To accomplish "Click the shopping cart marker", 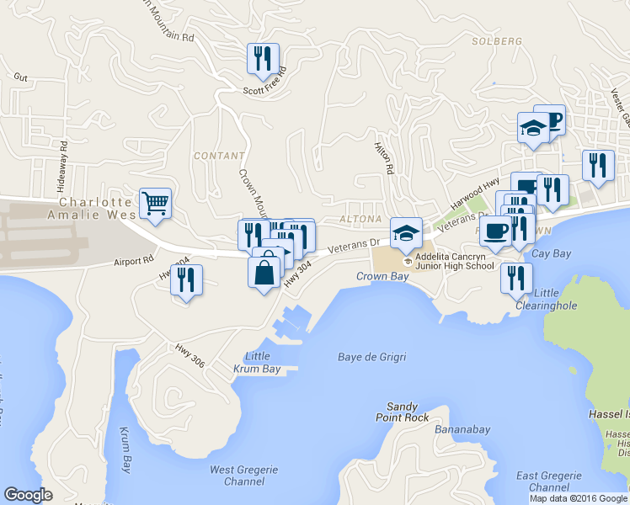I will click(156, 203).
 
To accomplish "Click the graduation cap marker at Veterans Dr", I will click(406, 233).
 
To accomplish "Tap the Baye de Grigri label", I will click(372, 357).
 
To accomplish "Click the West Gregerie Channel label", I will click(235, 476).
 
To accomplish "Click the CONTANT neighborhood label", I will click(218, 156).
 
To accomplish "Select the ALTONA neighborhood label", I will click(360, 218).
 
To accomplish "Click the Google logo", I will click(28, 495).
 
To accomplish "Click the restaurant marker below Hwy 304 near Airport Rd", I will click(186, 279).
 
